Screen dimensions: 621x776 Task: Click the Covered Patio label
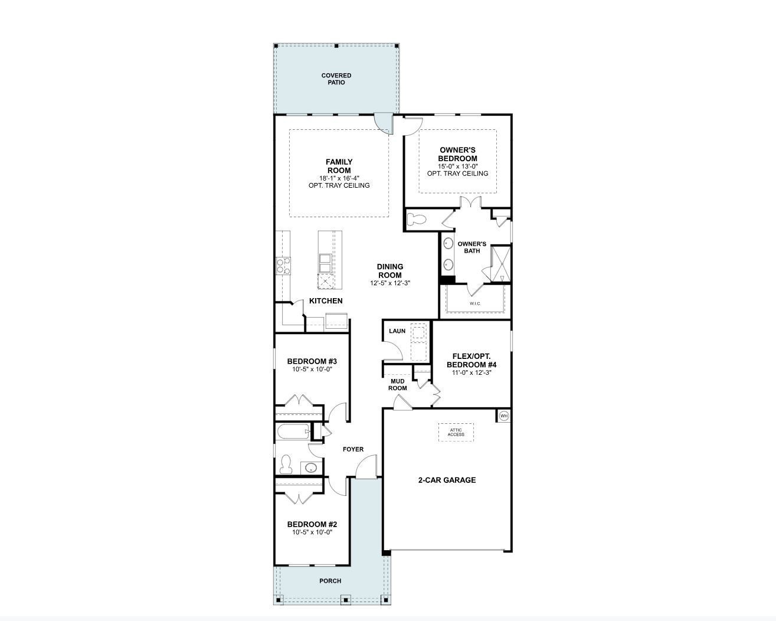[x=336, y=79]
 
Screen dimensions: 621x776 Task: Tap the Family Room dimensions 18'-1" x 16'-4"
[x=339, y=178]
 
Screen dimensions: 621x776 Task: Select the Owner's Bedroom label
[x=457, y=154]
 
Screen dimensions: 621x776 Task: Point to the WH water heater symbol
[x=503, y=416]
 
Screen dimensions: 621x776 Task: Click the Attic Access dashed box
[x=456, y=432]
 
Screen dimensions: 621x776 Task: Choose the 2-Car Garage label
[x=447, y=480]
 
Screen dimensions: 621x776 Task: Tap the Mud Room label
[x=397, y=384]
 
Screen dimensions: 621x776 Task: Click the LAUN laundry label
[x=397, y=331]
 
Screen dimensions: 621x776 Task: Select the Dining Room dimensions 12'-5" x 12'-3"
[x=389, y=283]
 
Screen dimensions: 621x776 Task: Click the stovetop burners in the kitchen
[x=283, y=266]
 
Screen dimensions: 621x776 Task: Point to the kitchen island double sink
[x=325, y=261]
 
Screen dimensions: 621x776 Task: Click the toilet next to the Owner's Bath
[x=417, y=219]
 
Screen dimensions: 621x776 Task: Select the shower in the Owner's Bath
[x=500, y=264]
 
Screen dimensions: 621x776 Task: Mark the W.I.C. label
[x=476, y=303]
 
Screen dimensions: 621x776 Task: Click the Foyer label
[x=353, y=449]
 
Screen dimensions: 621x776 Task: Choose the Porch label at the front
[x=330, y=581]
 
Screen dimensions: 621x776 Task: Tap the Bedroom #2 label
[x=312, y=524]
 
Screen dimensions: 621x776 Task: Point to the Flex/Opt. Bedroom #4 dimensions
[x=470, y=372]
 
